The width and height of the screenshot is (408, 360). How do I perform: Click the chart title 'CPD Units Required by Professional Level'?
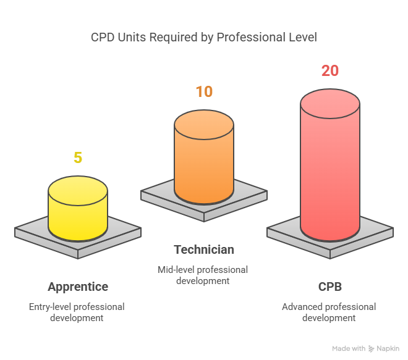[x=203, y=38]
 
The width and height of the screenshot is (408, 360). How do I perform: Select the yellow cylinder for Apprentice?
[x=78, y=213]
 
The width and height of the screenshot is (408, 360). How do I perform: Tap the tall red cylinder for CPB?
[x=330, y=173]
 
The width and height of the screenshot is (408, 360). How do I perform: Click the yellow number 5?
[x=78, y=157]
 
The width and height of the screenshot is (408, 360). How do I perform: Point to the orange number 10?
[x=204, y=92]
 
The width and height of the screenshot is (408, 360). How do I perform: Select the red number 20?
[x=330, y=71]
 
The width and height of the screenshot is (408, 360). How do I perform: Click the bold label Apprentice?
[x=78, y=287]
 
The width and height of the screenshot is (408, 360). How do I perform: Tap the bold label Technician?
[x=204, y=249]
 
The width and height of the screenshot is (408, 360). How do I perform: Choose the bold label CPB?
[x=330, y=287]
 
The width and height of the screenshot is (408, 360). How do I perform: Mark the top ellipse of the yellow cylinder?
[x=78, y=189]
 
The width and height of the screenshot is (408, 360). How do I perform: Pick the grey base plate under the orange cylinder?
[x=247, y=199]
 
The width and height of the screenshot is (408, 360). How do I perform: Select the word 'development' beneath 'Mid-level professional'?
[x=203, y=280]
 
